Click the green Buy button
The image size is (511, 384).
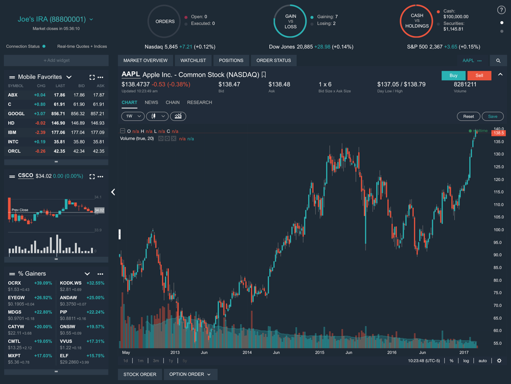pyautogui.click(x=453, y=75)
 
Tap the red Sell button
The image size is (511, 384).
pyautogui.click(x=479, y=75)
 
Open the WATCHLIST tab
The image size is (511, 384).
pyautogui.click(x=193, y=60)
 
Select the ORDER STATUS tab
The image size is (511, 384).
pyautogui.click(x=273, y=60)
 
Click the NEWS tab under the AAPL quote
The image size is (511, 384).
pyautogui.click(x=151, y=102)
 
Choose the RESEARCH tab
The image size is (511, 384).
pyautogui.click(x=199, y=102)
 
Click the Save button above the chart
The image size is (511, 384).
pyautogui.click(x=493, y=116)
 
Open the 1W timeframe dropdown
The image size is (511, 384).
pyautogui.click(x=132, y=116)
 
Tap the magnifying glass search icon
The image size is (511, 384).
pyautogui.click(x=498, y=60)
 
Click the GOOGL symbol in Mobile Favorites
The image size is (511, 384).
pyautogui.click(x=16, y=114)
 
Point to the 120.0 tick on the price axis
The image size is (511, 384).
pyautogui.click(x=499, y=180)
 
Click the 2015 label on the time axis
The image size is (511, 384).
pyautogui.click(x=320, y=352)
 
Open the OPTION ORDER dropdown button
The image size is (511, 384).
pyautogui.click(x=190, y=374)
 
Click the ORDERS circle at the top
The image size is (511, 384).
pyautogui.click(x=165, y=22)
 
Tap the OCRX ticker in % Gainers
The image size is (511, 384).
pyautogui.click(x=15, y=283)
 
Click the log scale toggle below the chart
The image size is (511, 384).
pyautogui.click(x=466, y=361)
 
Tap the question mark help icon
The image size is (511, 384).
pyautogui.click(x=501, y=10)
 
